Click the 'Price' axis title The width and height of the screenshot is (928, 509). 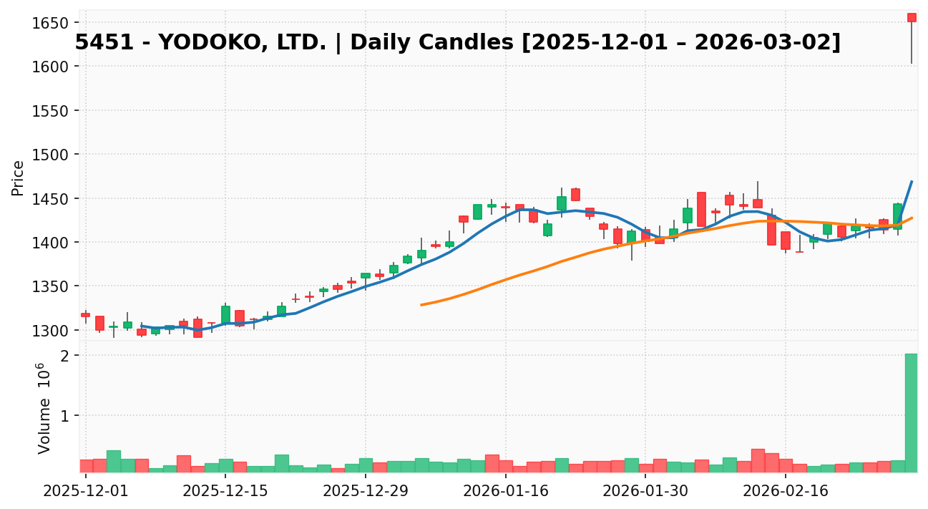19,178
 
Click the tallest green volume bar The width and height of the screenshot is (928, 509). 911,412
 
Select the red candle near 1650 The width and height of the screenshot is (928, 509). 912,17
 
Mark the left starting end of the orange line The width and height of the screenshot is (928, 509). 421,305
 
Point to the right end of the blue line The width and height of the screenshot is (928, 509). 912,182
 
